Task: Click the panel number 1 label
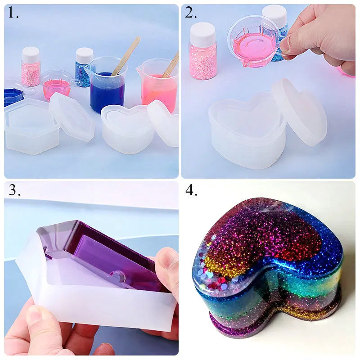(x=13, y=13)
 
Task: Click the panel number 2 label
(x=191, y=13)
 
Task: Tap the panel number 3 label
(x=14, y=189)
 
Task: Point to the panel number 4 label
(x=191, y=189)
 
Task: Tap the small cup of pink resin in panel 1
(x=57, y=85)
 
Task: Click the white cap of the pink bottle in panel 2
(x=203, y=35)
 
